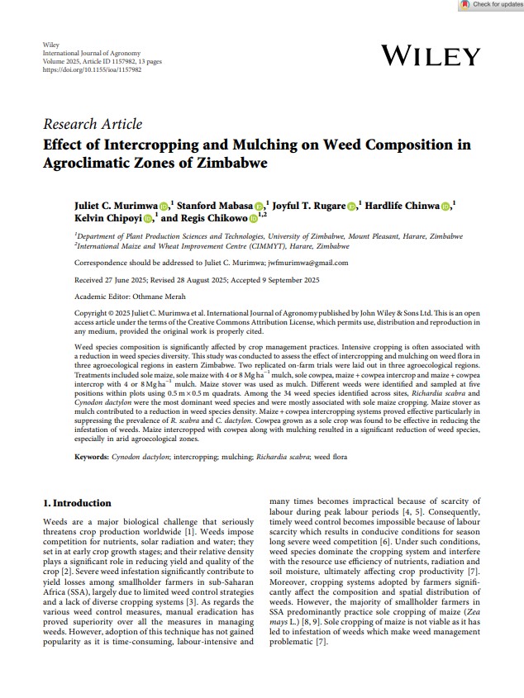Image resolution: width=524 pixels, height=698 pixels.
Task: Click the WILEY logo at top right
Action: point(431,57)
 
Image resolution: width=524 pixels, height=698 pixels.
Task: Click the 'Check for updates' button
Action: point(492,5)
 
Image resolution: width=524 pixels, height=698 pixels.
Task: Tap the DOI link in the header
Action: point(91,70)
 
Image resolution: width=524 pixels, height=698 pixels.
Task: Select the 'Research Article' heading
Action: point(93,124)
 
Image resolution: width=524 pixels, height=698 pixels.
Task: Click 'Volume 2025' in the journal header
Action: point(61,61)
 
